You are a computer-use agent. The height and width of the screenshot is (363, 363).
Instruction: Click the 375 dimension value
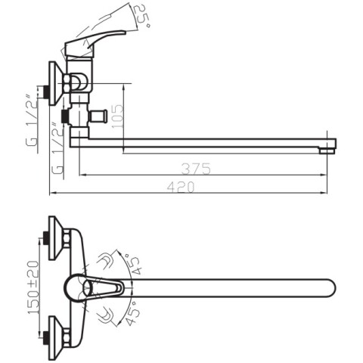(196, 169)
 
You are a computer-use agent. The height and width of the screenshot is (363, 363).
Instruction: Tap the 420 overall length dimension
(181, 187)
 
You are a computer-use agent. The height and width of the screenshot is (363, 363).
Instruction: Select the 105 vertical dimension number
(119, 116)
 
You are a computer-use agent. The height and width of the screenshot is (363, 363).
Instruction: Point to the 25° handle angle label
(141, 16)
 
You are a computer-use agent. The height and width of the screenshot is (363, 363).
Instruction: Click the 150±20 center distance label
(33, 287)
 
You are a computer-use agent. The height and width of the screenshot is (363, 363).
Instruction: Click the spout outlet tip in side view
(327, 150)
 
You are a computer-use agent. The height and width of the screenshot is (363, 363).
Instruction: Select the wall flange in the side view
(56, 83)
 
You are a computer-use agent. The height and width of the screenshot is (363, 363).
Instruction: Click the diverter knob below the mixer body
(99, 116)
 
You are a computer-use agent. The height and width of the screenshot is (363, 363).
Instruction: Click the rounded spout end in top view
(330, 288)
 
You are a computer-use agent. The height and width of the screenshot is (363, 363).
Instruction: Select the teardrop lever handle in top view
(95, 288)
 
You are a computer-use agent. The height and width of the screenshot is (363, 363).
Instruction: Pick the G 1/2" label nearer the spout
(57, 147)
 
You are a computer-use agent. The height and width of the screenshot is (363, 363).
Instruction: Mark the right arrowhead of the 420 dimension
(324, 193)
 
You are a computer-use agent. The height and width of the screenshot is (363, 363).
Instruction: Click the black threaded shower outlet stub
(65, 116)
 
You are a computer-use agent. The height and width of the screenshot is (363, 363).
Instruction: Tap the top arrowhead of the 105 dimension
(123, 87)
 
